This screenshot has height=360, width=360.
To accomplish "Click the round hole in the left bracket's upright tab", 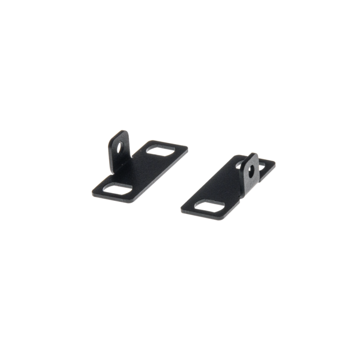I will pos(120,146).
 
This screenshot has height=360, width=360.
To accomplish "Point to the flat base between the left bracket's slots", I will pos(141,170).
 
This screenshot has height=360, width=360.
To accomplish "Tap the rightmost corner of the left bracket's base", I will pos(187,148).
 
